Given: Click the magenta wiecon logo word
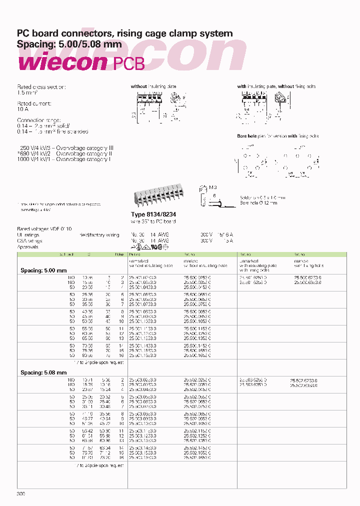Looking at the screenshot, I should pos(62,63).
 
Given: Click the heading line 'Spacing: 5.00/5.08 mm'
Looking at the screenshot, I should pos(69,44).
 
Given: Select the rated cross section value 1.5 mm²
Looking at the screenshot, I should pos(28,92).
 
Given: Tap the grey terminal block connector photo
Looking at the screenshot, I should pos(158,196).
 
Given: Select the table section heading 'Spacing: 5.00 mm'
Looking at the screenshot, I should pos(43,270).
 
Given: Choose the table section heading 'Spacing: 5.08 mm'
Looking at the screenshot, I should pos(43,372).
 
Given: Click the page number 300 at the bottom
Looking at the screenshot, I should pos(21,493).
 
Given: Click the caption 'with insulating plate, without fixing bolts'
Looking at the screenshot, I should pos(276,86).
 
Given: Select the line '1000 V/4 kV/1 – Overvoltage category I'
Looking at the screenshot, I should pos(64,159).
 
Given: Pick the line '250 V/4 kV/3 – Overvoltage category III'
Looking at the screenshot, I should pos(65,148).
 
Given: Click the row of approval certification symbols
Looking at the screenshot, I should pos(150,246).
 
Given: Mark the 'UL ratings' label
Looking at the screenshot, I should pos(28,234).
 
